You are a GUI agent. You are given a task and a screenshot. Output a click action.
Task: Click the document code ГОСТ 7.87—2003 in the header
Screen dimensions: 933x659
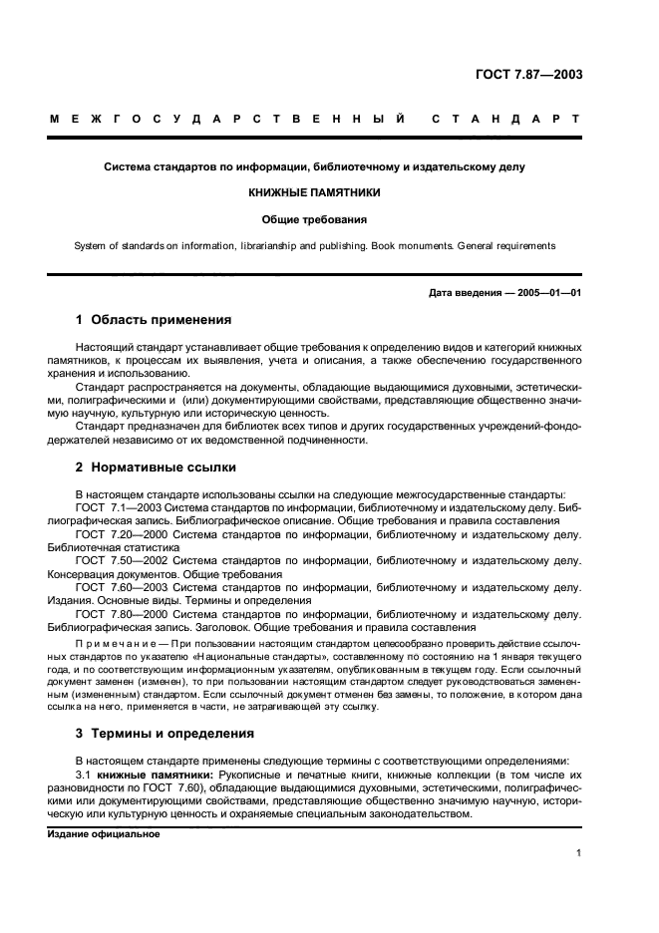527,75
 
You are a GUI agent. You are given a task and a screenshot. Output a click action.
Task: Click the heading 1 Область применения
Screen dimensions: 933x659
154,321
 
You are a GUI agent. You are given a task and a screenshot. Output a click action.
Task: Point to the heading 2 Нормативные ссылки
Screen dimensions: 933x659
156,466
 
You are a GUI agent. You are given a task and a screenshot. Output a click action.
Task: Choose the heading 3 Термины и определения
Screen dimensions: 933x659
165,733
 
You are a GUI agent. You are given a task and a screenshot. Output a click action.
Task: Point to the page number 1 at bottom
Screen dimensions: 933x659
578,853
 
